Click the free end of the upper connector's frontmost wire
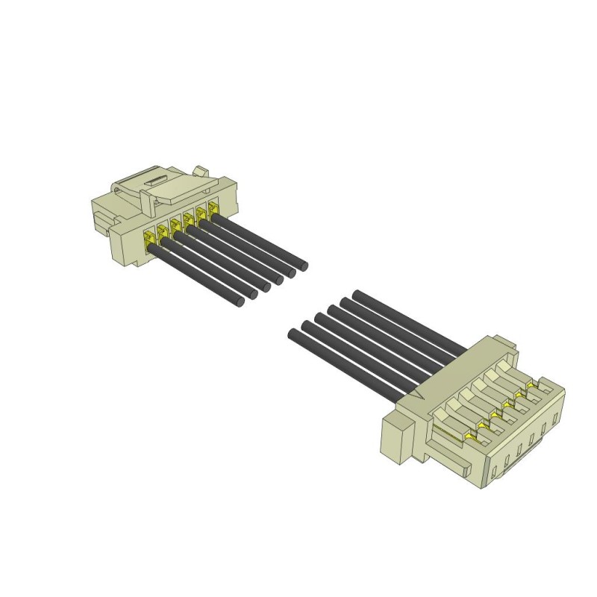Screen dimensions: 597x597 point(240,302)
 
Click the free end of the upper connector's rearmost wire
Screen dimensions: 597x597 point(303,265)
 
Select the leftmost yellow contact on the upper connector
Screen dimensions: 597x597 point(150,237)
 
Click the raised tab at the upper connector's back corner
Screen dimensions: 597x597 point(200,172)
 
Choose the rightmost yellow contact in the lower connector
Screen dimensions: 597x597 point(531,385)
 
